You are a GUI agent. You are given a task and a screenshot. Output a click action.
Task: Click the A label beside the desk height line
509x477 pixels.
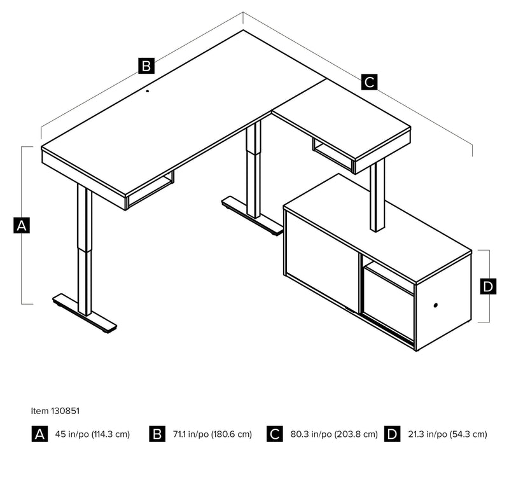click(x=22, y=225)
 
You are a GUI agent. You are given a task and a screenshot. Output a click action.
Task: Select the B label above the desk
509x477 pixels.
click(x=146, y=65)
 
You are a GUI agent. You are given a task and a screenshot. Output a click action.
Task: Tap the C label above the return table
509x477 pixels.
click(x=369, y=82)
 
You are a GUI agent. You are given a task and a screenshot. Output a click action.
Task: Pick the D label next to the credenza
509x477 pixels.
click(x=488, y=287)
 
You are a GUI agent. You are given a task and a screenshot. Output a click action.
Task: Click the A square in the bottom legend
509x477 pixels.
click(x=39, y=434)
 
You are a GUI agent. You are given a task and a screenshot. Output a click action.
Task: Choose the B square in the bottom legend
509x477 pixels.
click(x=157, y=434)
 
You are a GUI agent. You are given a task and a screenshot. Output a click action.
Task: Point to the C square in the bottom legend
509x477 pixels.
click(x=275, y=434)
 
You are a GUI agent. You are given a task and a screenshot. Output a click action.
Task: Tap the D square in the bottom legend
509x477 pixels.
click(x=393, y=434)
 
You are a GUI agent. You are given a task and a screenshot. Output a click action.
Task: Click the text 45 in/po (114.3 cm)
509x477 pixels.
click(x=92, y=434)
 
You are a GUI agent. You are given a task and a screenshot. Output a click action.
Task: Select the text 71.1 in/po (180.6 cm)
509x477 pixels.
click(x=211, y=434)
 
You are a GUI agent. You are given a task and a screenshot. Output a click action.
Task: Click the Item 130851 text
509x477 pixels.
click(x=55, y=411)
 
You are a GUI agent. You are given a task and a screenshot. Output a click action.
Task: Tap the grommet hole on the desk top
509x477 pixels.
click(x=148, y=91)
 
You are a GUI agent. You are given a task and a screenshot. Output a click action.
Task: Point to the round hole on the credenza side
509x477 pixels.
click(x=436, y=306)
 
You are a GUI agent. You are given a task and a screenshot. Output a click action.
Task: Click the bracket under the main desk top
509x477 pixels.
click(x=151, y=190)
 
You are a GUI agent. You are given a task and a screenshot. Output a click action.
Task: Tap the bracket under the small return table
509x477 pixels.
click(x=332, y=155)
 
